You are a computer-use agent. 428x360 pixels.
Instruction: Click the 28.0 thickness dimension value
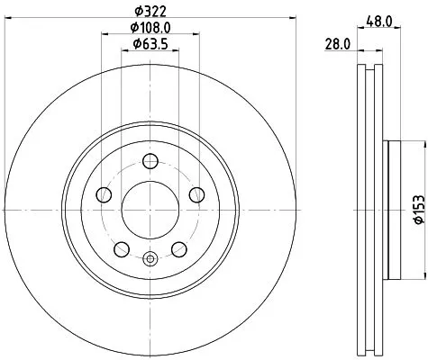pos(335,43)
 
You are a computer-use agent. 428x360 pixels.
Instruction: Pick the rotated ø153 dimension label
pos(415,207)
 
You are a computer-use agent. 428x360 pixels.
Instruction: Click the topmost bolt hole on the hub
pos(150,162)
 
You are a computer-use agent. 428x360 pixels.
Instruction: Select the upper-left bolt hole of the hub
pos(105,195)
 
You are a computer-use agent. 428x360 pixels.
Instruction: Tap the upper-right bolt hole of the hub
pos(196,195)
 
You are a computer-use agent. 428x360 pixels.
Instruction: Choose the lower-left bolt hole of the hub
pos(122,249)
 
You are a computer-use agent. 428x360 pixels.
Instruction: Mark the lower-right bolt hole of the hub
pos(179,249)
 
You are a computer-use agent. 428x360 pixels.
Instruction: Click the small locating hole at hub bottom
pos(150,261)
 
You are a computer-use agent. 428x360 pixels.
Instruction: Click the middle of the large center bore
pos(150,211)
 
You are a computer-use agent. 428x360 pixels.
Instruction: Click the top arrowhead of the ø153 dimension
pos(415,144)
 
